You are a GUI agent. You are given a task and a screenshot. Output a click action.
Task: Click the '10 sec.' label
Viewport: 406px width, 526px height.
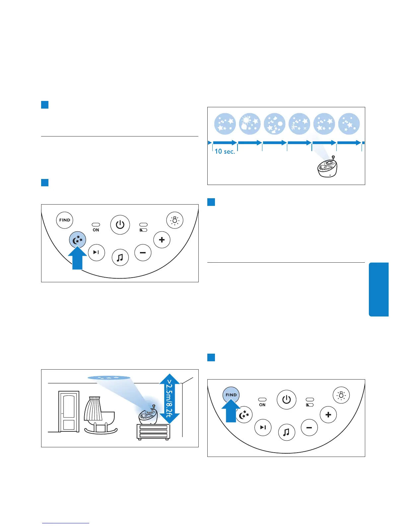point(225,151)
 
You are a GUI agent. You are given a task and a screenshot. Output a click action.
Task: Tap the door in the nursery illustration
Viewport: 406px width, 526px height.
point(69,411)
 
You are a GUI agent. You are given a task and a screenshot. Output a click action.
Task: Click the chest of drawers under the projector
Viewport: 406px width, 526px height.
point(153,432)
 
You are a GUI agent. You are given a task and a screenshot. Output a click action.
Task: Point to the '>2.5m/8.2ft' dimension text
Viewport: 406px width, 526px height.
point(169,398)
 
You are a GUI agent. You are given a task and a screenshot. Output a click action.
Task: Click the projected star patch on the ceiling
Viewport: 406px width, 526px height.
point(109,378)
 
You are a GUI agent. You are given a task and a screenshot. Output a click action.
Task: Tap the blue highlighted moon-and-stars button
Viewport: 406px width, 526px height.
point(78,240)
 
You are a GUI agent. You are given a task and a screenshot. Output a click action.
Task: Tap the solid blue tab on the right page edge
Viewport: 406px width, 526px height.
point(378,289)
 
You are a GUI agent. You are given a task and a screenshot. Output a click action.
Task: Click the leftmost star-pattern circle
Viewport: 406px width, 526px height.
point(225,124)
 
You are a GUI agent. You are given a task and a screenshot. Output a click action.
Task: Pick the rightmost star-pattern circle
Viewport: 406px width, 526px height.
point(349,124)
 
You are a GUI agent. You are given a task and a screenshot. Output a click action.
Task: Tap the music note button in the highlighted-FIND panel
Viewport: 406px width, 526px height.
point(287,432)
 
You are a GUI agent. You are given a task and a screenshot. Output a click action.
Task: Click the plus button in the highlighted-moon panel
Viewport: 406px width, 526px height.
point(162,240)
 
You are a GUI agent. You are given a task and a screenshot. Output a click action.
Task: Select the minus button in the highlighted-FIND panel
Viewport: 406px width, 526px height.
point(309,428)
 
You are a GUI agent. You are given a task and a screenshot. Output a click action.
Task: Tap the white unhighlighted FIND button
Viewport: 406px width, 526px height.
point(65,220)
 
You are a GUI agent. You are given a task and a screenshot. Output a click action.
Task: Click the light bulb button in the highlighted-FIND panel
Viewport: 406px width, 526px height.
point(341,395)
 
